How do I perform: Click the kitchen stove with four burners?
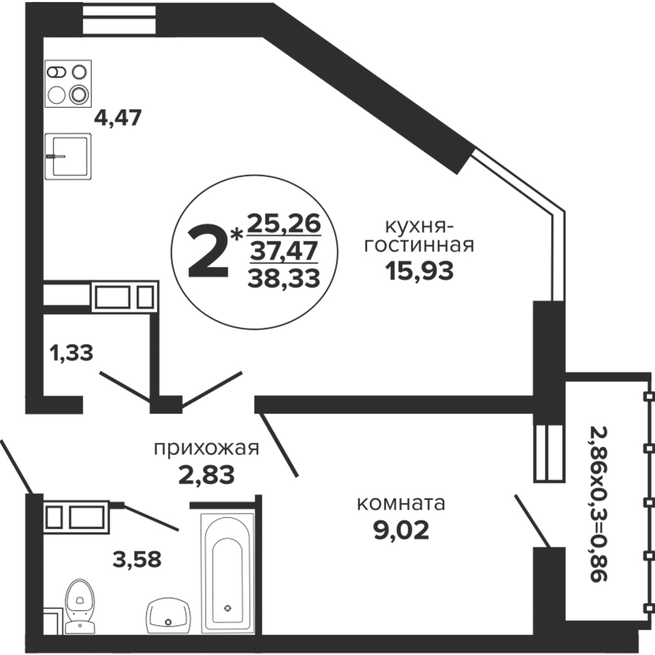(68, 84)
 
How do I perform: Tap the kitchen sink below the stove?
(68, 157)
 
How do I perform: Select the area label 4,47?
(118, 118)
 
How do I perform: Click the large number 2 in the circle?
(208, 253)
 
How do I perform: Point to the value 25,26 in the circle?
(284, 223)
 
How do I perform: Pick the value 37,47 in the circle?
(284, 251)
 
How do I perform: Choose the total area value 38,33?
(284, 278)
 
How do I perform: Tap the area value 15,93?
(419, 271)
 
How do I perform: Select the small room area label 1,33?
(71, 353)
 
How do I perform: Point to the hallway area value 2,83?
(207, 475)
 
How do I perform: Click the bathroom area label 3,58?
(137, 559)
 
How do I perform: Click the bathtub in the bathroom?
(227, 573)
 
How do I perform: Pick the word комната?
(401, 503)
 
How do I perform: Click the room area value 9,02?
(401, 531)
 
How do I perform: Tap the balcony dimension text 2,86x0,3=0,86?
(598, 504)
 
